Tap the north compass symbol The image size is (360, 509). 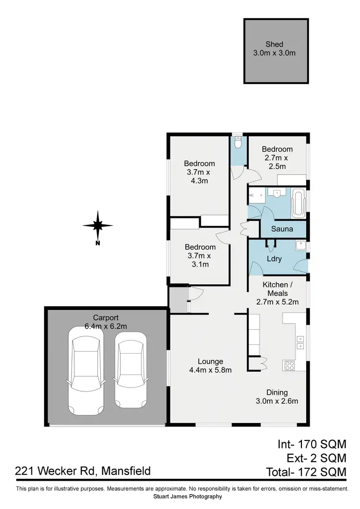(97, 225)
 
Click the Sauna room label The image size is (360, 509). (282, 229)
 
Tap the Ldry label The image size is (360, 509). (274, 259)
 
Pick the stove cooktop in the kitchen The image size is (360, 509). (290, 365)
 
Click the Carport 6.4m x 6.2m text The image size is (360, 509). (106, 322)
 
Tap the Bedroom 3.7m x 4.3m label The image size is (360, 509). (200, 172)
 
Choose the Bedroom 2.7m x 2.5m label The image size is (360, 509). (277, 158)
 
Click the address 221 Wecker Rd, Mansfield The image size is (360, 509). (83, 471)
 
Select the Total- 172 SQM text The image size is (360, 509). (306, 472)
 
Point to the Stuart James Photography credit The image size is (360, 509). (187, 497)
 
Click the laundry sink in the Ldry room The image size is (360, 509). (300, 244)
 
